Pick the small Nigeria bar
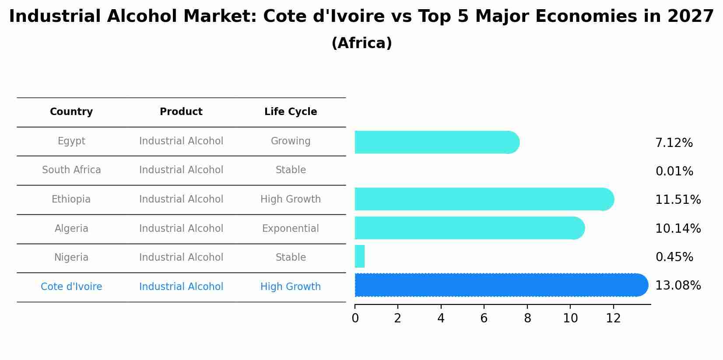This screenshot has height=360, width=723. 360,256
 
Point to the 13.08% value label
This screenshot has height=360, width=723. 678,286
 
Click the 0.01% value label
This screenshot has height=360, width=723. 674,171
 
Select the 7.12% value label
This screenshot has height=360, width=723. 674,143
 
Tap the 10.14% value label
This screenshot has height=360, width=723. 678,228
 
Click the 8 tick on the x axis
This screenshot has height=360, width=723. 527,318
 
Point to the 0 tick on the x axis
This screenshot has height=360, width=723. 355,318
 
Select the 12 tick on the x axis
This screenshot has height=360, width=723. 613,318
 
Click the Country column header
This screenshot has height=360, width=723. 71,112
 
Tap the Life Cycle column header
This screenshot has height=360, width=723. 291,112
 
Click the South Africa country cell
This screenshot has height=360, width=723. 71,170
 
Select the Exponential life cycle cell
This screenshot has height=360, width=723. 291,228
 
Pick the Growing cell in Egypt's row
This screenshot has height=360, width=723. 291,141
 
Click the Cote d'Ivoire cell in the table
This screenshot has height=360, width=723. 71,287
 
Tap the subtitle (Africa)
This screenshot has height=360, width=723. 361,43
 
